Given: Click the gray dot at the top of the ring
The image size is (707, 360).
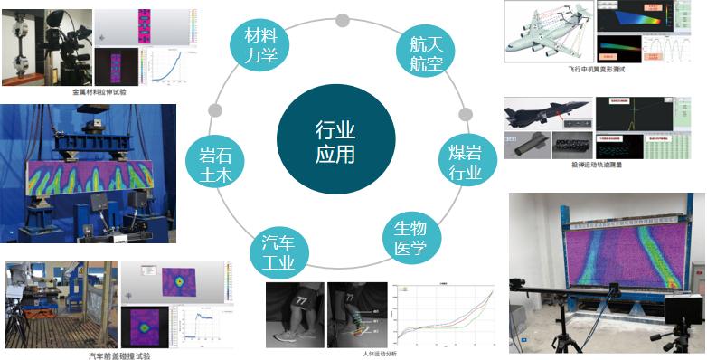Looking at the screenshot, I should pos(342,19).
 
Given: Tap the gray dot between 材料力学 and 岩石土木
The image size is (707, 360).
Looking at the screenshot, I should pos(214,110).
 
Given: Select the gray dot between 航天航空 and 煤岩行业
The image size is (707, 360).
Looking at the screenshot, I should pos(466,115).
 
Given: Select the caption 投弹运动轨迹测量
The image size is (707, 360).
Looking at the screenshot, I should pos(597,165).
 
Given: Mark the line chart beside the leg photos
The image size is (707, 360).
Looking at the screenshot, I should pos(446,317).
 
